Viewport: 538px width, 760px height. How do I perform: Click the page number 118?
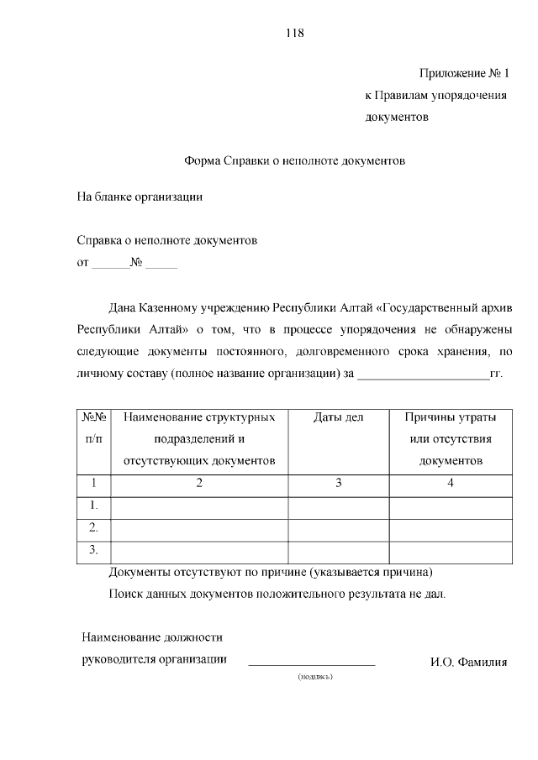click(x=294, y=34)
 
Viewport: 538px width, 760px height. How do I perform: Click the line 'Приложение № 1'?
click(x=465, y=74)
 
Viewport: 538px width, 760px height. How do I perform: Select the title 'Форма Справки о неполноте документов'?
click(x=294, y=160)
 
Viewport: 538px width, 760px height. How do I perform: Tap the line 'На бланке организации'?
click(x=140, y=198)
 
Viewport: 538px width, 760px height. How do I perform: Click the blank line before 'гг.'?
click(x=423, y=375)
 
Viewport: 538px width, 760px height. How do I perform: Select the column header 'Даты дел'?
click(x=338, y=417)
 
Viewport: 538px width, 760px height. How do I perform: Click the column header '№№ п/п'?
click(x=94, y=427)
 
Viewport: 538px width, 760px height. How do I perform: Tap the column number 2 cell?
click(x=199, y=483)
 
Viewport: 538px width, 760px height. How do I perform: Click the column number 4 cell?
click(x=451, y=483)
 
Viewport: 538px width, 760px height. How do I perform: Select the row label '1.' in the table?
click(x=94, y=506)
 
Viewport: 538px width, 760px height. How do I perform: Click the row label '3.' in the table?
click(x=94, y=551)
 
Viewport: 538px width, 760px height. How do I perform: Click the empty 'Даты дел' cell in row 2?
click(x=338, y=528)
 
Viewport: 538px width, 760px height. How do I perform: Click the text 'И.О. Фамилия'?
click(x=468, y=662)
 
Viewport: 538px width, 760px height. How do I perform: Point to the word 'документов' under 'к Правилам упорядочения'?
click(x=397, y=118)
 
